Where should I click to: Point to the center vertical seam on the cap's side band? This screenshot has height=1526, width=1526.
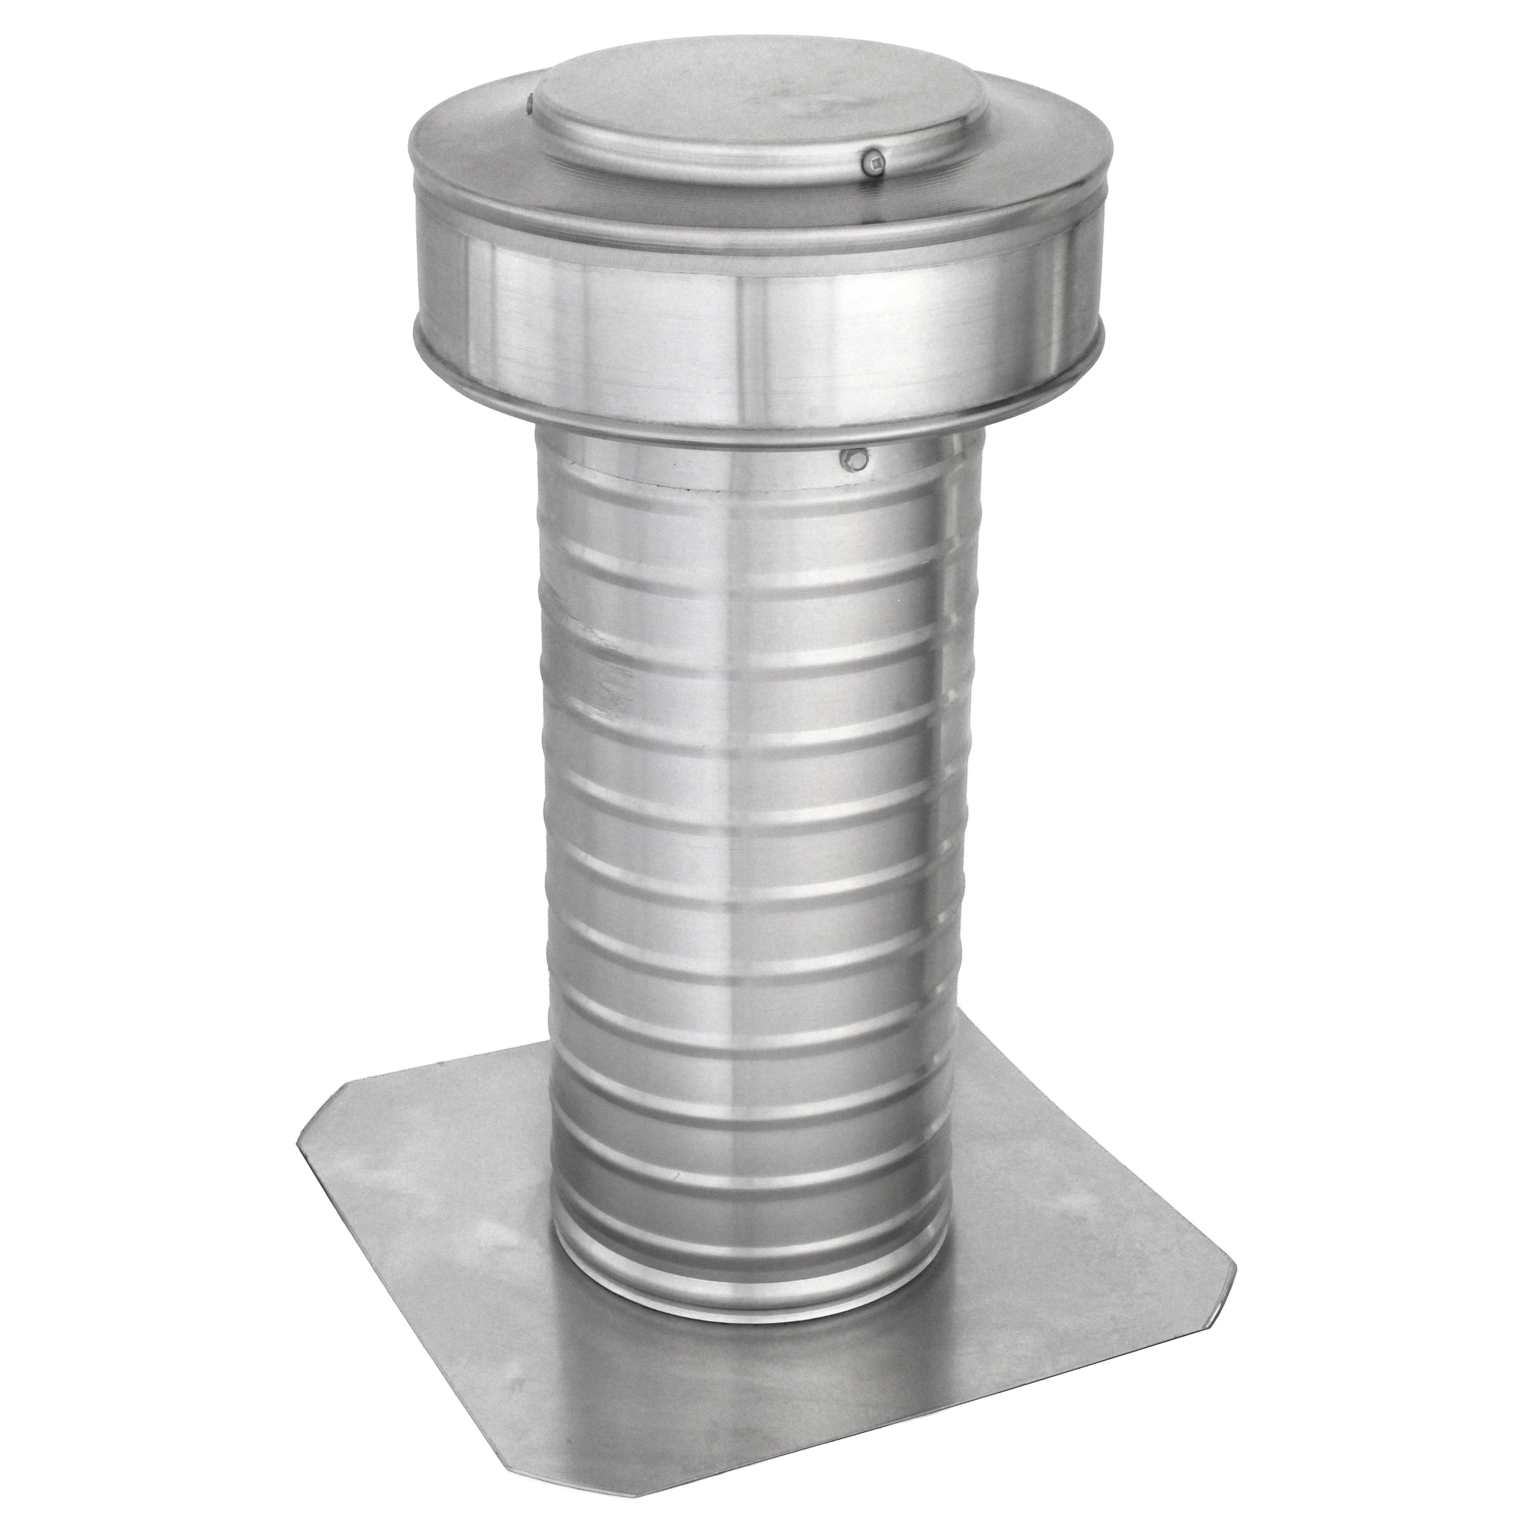tap(742, 332)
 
